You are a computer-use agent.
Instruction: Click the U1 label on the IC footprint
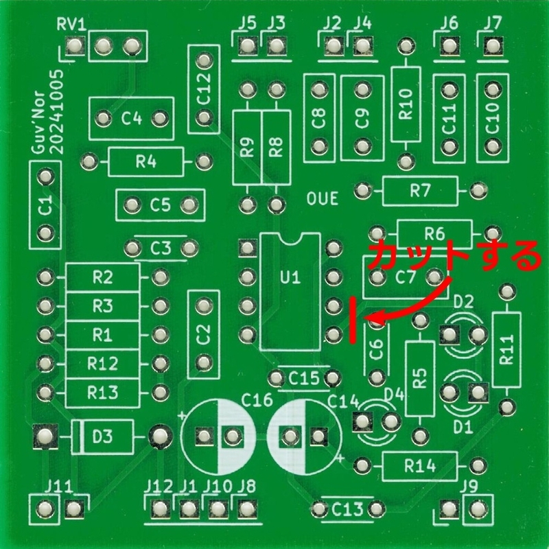click(x=291, y=278)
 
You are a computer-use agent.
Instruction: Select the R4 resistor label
click(x=146, y=162)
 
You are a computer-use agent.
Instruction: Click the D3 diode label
click(x=104, y=435)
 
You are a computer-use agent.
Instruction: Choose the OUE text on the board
click(x=323, y=200)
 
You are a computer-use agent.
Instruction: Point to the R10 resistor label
click(x=406, y=104)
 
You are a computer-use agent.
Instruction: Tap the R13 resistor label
click(x=103, y=393)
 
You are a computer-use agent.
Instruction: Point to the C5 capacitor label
click(x=161, y=205)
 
